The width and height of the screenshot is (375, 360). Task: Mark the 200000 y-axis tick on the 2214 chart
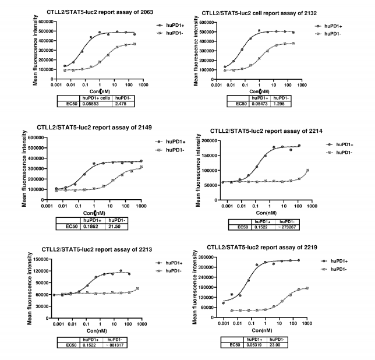(x=196, y=141)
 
